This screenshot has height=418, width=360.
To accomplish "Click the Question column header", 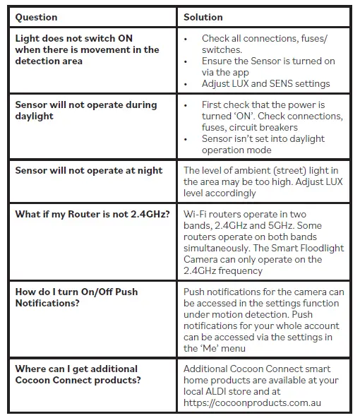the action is click(x=37, y=17).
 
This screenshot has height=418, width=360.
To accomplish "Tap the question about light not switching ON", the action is click(x=87, y=49).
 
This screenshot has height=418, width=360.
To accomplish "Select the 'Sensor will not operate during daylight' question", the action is click(x=85, y=110).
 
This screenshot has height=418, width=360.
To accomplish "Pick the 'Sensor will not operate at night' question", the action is click(x=88, y=170).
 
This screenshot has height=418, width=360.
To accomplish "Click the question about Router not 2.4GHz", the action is click(x=92, y=214).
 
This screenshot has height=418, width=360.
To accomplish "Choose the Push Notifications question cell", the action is click(x=76, y=297).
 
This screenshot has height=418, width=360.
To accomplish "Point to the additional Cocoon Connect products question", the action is click(x=78, y=374).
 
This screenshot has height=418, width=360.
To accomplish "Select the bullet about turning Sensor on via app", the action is click(x=268, y=66).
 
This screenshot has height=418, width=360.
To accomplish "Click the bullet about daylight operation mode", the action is click(x=263, y=144).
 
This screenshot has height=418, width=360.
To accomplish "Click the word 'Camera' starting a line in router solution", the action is click(x=203, y=259).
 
